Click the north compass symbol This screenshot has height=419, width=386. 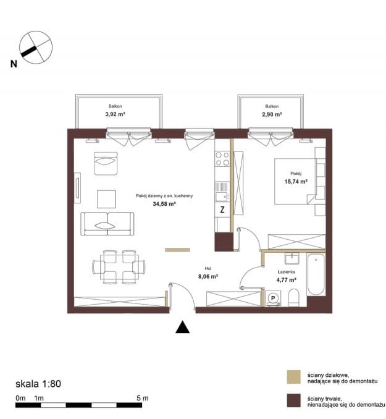pyautogui.click(x=36, y=48)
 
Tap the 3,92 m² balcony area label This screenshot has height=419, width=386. pyautogui.click(x=115, y=114)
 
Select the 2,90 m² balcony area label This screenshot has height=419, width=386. pyautogui.click(x=272, y=114)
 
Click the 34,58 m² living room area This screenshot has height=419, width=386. pyautogui.click(x=164, y=204)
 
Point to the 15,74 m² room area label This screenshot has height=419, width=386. pyautogui.click(x=296, y=182)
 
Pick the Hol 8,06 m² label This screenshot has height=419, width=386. pyautogui.click(x=208, y=273)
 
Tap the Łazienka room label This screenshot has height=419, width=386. pyautogui.click(x=287, y=272)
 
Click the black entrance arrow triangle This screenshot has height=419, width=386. pyautogui.click(x=183, y=327)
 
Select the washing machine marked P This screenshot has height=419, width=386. pyautogui.click(x=273, y=298)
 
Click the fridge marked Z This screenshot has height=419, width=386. pyautogui.click(x=222, y=209)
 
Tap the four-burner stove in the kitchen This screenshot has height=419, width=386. pyautogui.click(x=222, y=159)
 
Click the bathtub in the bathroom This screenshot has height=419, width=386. pyautogui.click(x=316, y=274)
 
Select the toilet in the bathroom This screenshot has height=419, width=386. pyautogui.click(x=294, y=297)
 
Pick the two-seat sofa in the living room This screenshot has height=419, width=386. pyautogui.click(x=107, y=224)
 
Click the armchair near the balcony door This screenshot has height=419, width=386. pyautogui.click(x=106, y=163)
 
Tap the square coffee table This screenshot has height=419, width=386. pyautogui.click(x=106, y=199)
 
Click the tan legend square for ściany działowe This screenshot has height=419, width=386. pyautogui.click(x=293, y=377)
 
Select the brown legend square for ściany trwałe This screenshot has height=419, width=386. pyautogui.click(x=293, y=400)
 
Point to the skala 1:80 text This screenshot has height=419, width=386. pyautogui.click(x=38, y=384)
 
